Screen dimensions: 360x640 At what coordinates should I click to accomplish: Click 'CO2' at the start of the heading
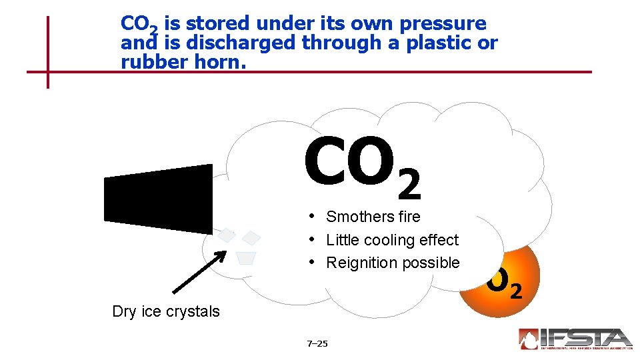coord(139,25)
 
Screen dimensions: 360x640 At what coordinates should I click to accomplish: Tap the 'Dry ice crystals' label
coord(166,311)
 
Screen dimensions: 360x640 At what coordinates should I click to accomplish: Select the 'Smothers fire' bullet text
coord(373,217)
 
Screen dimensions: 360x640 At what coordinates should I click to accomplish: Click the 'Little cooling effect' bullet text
coord(392,240)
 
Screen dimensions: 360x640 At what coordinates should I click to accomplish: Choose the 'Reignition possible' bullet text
coord(392,263)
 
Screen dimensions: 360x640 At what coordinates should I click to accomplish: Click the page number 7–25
coord(317,344)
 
